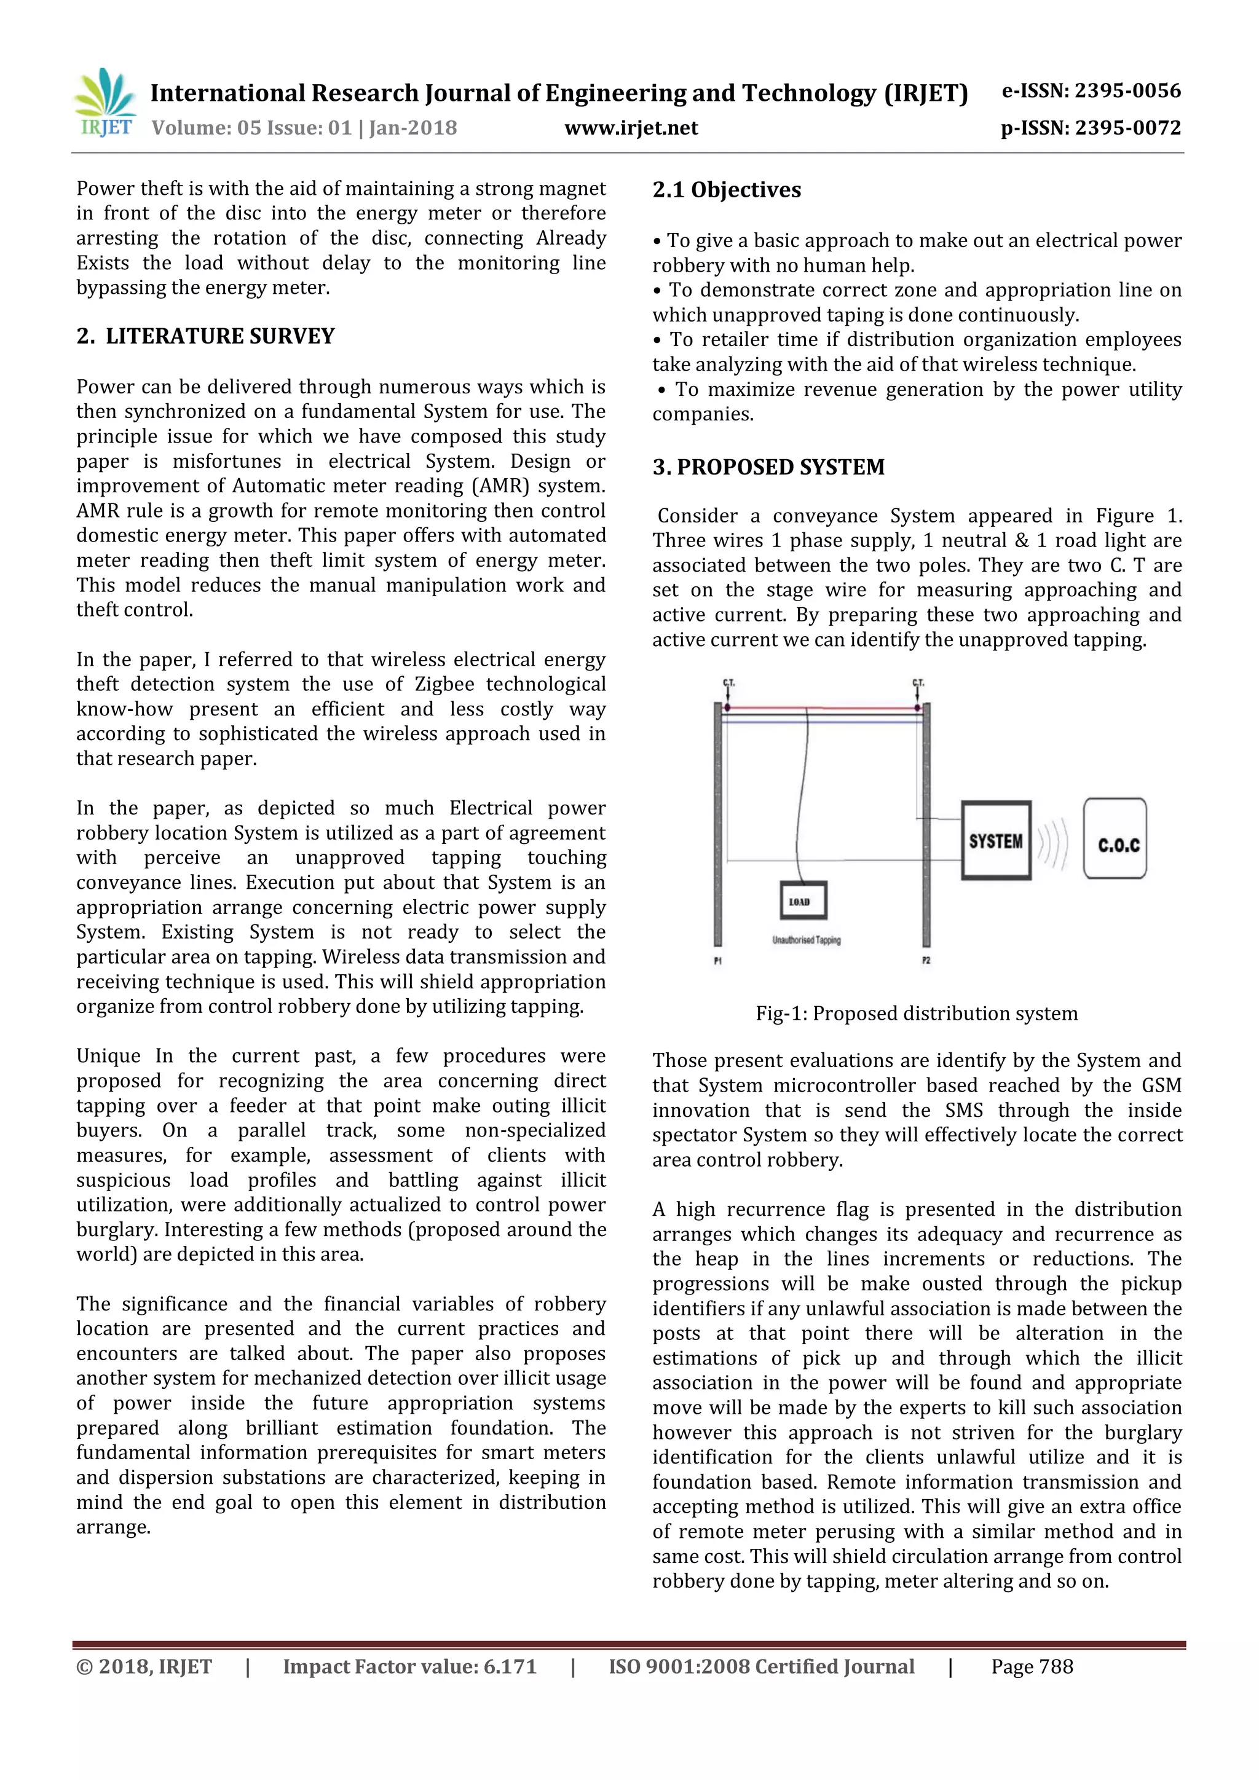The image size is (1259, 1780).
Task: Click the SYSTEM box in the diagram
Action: pyautogui.click(x=995, y=840)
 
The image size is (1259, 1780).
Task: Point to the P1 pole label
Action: pyautogui.click(x=718, y=961)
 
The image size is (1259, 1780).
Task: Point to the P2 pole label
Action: pyautogui.click(x=926, y=961)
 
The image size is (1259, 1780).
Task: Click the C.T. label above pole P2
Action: pyautogui.click(x=918, y=683)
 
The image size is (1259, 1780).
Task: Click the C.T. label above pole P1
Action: pyautogui.click(x=728, y=683)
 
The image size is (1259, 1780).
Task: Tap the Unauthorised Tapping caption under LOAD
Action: pyautogui.click(x=807, y=940)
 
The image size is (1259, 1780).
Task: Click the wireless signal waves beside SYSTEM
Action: pyautogui.click(x=1053, y=842)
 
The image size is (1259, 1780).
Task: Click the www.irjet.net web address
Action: pyautogui.click(x=631, y=128)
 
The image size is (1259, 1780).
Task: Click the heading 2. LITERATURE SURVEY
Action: pyautogui.click(x=205, y=336)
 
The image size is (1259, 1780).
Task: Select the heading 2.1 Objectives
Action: pyautogui.click(x=727, y=190)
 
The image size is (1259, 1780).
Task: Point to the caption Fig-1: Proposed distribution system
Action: pyautogui.click(x=917, y=1014)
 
